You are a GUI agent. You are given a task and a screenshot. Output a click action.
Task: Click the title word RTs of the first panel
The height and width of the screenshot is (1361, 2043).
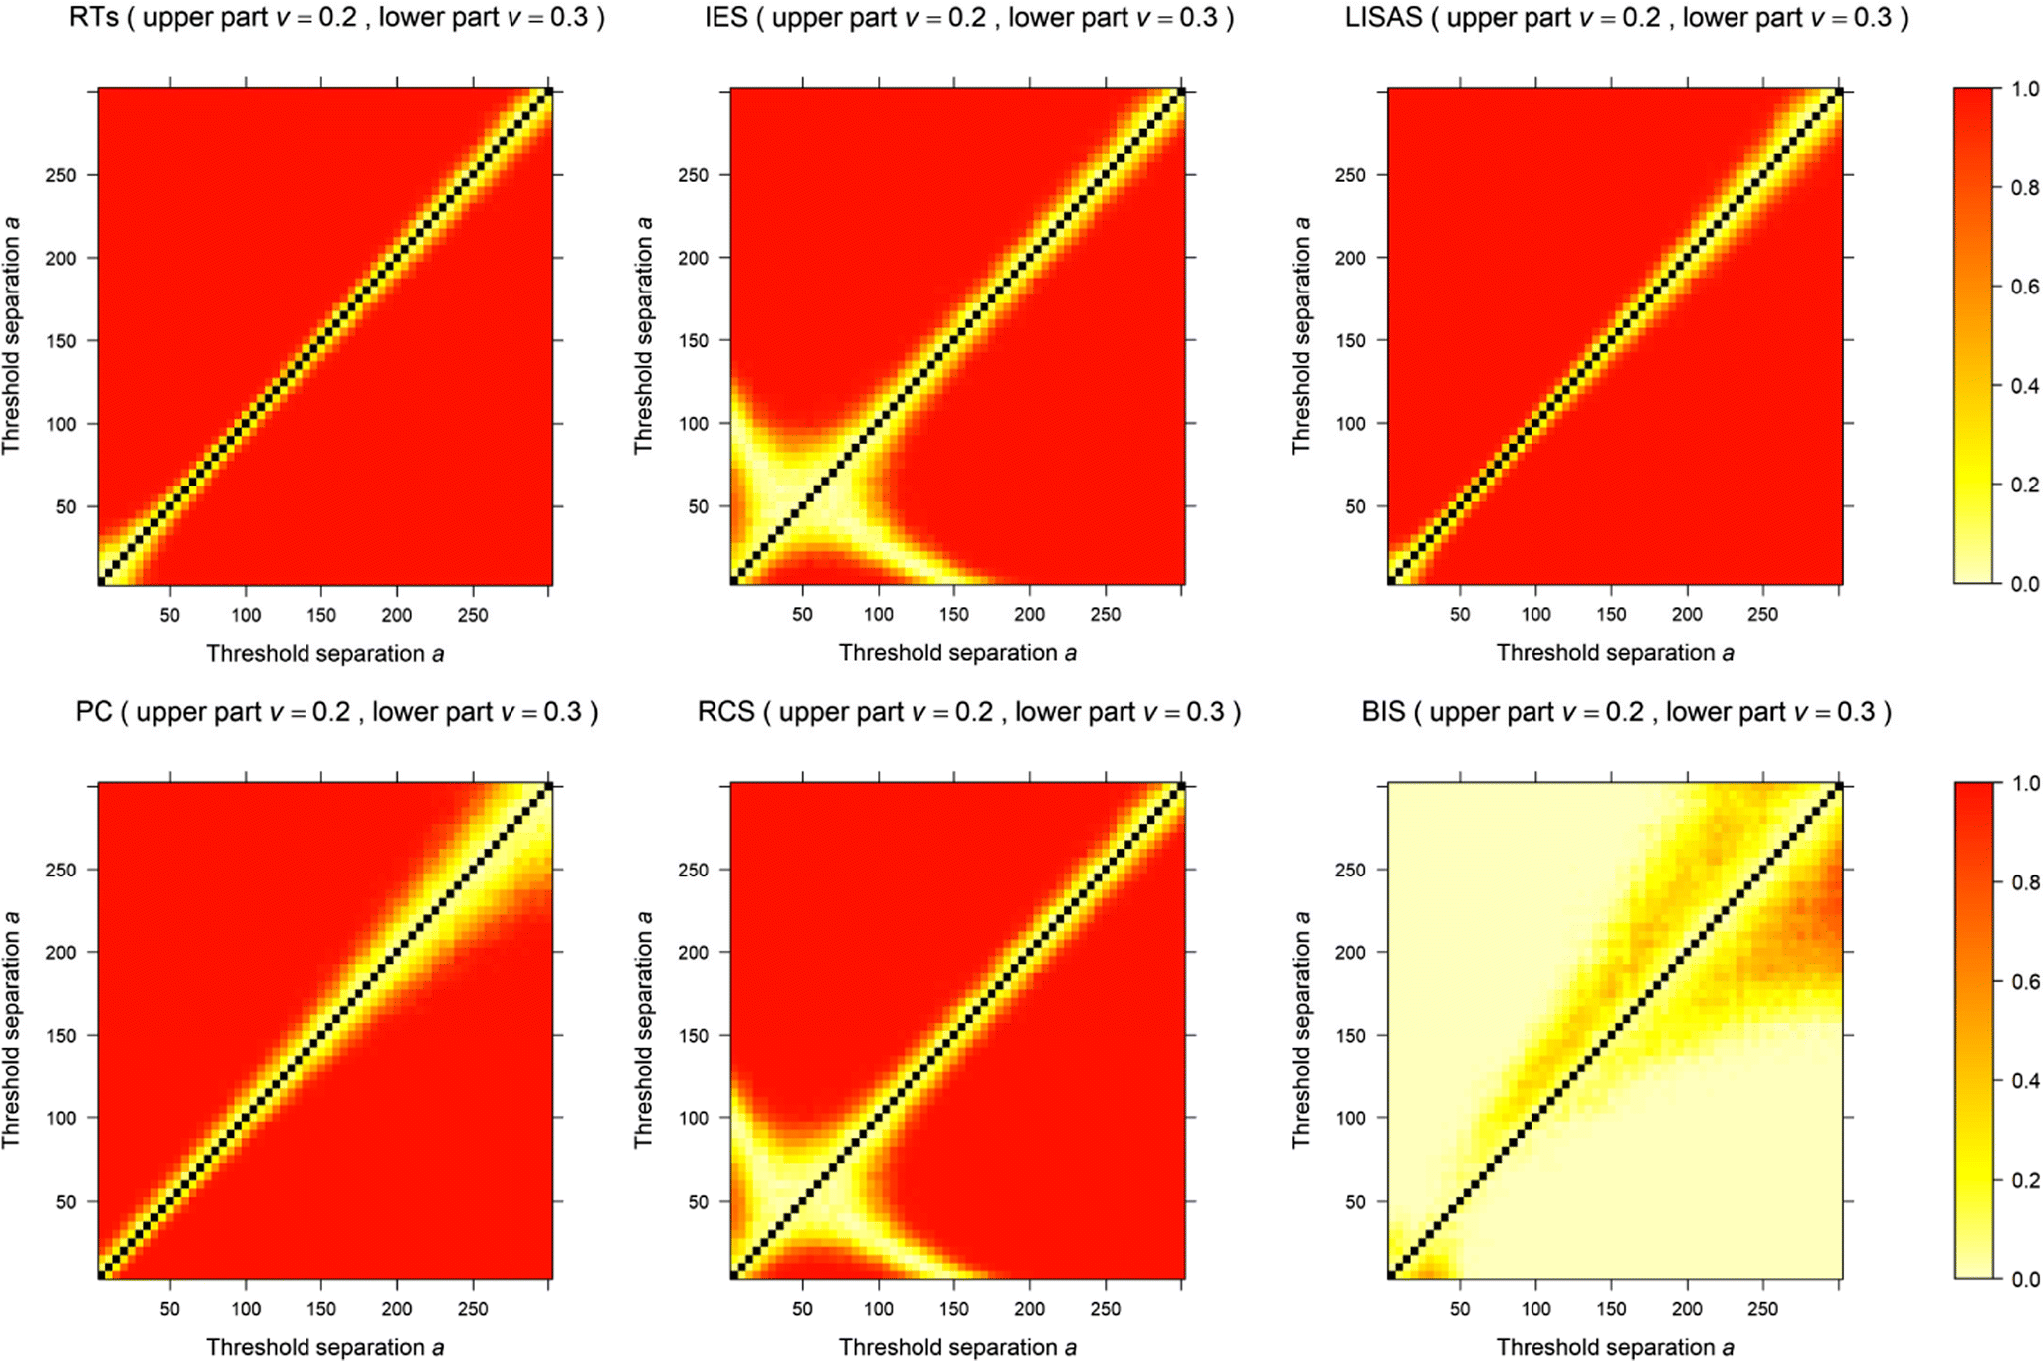[x=94, y=17]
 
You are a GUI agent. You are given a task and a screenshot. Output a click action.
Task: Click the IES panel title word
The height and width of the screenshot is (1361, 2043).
[x=725, y=17]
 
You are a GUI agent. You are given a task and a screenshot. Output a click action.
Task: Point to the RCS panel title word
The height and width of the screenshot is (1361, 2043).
[x=725, y=712]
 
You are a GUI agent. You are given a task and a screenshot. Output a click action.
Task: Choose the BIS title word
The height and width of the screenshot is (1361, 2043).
[x=1383, y=712]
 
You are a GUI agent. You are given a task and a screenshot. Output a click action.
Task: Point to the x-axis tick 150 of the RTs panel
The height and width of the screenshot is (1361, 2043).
[x=320, y=615]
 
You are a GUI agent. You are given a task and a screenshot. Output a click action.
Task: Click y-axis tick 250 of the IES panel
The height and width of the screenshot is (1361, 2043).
[x=694, y=175]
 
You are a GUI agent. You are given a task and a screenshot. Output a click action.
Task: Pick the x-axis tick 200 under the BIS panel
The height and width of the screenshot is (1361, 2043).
[x=1686, y=1309]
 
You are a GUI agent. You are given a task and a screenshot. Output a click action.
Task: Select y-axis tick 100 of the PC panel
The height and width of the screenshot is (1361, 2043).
[x=60, y=1118]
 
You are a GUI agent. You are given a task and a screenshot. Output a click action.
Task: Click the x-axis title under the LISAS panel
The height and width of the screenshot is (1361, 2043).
[x=1614, y=653]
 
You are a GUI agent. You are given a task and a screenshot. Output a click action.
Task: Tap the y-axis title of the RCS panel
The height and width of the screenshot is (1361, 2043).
[x=644, y=1031]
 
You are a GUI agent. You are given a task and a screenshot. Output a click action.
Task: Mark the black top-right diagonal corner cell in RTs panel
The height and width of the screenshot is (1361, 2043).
[x=548, y=92]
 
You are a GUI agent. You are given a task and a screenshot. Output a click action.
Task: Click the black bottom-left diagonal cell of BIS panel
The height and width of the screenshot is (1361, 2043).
[x=1392, y=1274]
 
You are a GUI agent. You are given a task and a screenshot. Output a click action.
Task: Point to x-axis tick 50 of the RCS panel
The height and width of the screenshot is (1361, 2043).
[x=802, y=1309]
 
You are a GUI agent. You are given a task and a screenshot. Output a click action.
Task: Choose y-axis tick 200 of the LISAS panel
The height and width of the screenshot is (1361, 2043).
[x=1350, y=258]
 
